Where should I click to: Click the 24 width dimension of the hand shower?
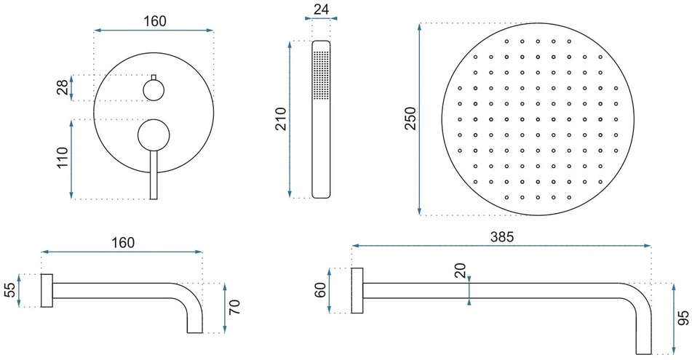[322, 9]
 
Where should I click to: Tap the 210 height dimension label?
[281, 119]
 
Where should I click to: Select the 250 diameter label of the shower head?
[410, 119]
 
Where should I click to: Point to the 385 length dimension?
[502, 237]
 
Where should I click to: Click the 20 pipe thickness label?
[461, 270]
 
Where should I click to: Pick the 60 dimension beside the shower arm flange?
[320, 290]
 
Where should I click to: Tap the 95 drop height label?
[683, 318]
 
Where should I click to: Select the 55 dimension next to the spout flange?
[9, 290]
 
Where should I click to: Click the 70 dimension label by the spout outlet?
[235, 307]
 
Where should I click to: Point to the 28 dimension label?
[63, 87]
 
